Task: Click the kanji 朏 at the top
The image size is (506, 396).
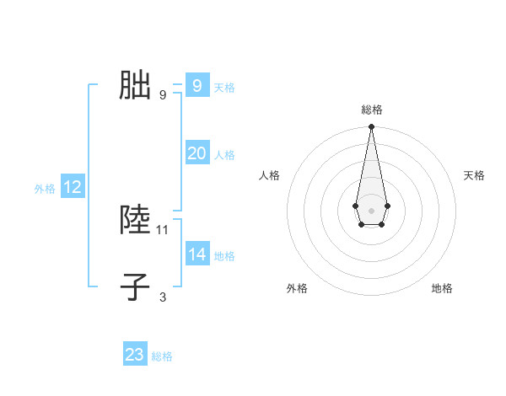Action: tap(135, 85)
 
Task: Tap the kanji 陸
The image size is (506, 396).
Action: tap(135, 219)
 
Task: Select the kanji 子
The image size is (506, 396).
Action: tap(135, 286)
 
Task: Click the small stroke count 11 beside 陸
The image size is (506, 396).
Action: tap(163, 229)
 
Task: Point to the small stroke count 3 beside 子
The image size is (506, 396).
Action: tap(163, 297)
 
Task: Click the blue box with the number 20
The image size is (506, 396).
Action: tap(197, 153)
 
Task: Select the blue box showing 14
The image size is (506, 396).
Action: tap(197, 254)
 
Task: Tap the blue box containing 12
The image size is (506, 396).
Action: tap(73, 188)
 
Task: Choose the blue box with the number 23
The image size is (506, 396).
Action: tap(135, 355)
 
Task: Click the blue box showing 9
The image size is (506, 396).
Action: tap(197, 86)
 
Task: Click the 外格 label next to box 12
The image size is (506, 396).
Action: tap(45, 189)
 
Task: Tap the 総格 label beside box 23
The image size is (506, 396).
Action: tap(162, 356)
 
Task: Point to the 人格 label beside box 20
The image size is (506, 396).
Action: tap(224, 155)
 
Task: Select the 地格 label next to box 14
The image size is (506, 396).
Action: tap(224, 256)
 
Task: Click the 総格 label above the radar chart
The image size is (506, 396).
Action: tap(371, 110)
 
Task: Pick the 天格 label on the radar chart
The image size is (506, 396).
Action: tap(474, 175)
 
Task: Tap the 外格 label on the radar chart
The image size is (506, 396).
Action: tap(297, 289)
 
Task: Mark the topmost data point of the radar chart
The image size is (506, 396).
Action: tap(371, 127)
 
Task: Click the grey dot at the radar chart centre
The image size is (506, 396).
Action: tap(371, 209)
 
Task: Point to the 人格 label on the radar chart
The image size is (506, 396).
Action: tap(269, 175)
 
